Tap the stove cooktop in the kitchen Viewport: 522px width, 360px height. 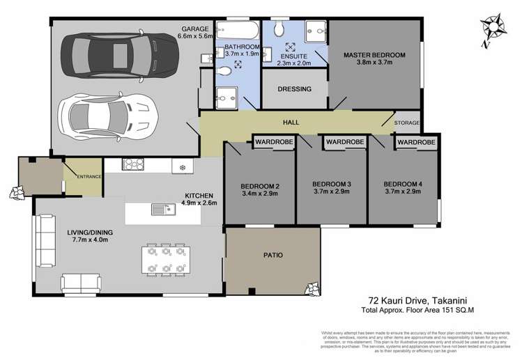132,165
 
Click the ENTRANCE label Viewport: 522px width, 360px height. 85,177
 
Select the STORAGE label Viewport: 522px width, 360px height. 407,123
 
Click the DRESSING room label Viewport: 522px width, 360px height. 294,89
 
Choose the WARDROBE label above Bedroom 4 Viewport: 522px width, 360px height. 417,142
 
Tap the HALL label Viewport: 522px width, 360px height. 291,123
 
